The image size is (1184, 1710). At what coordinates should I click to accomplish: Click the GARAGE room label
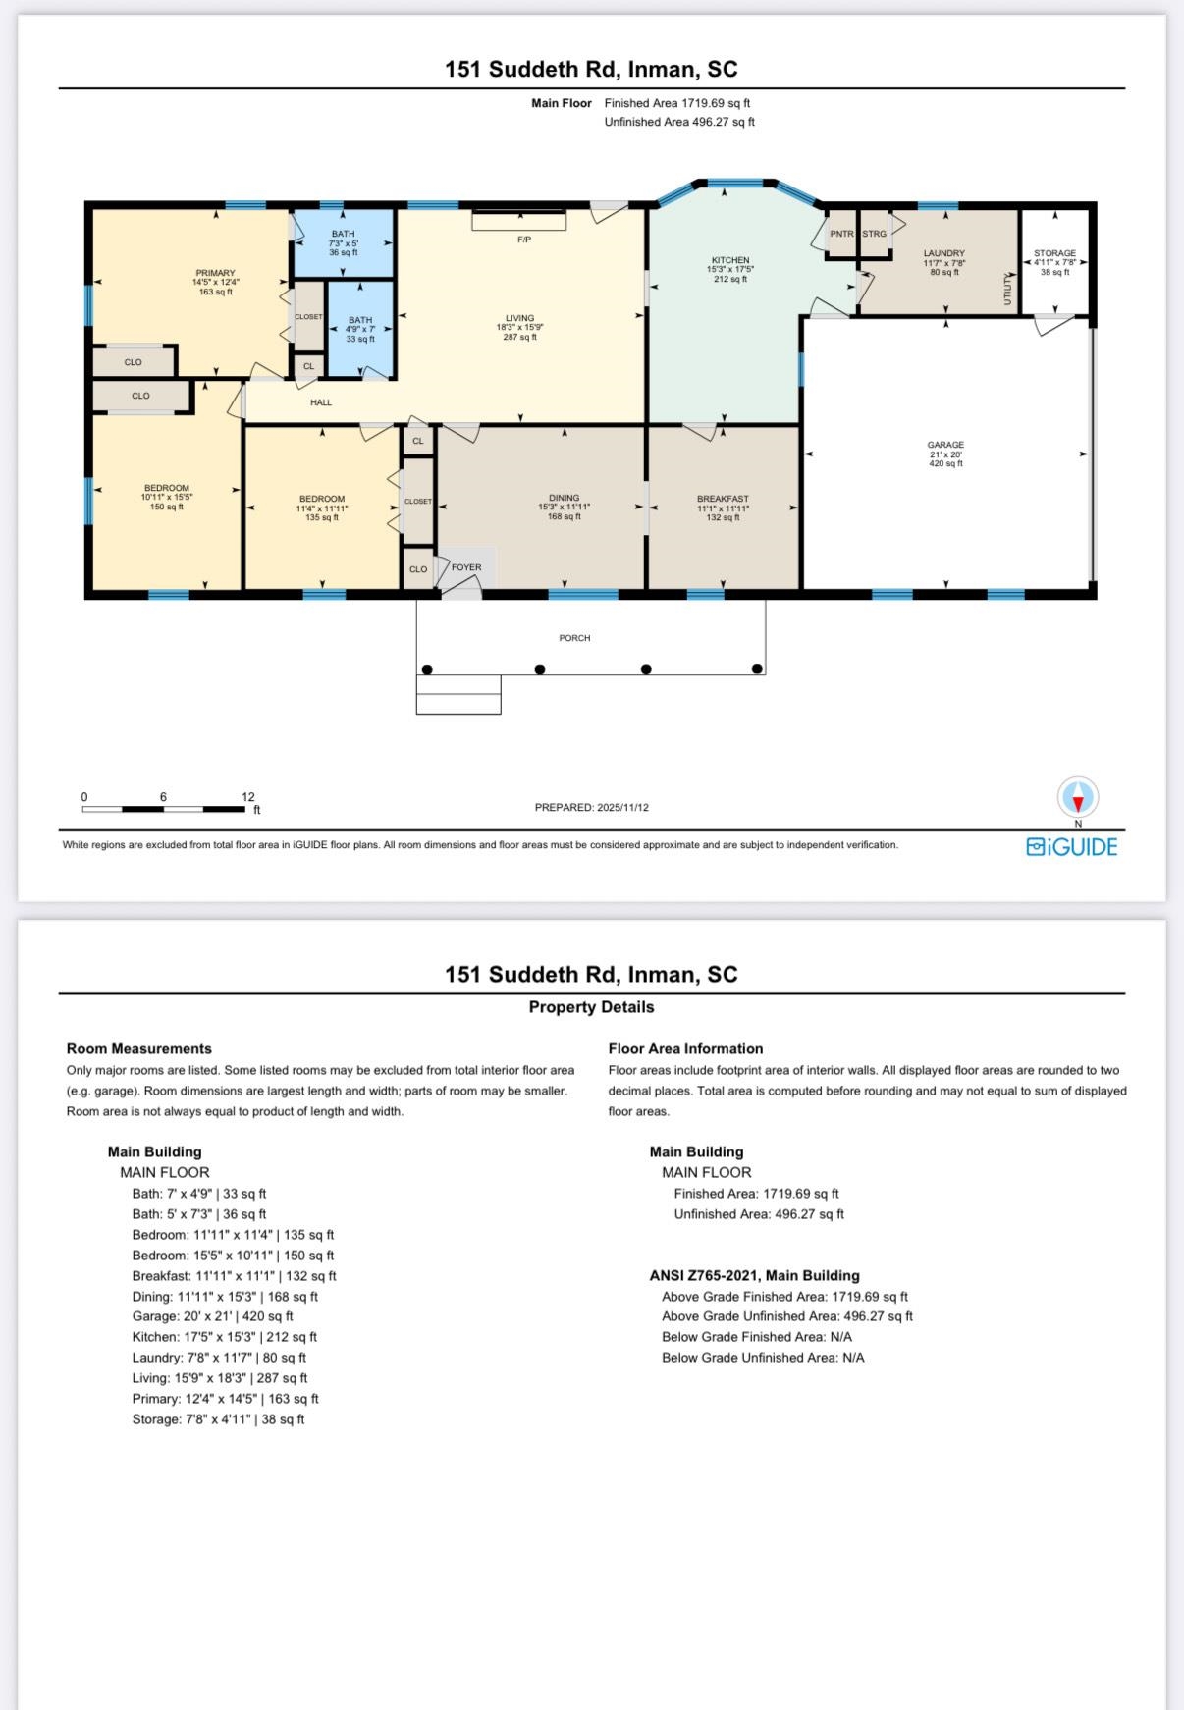946,445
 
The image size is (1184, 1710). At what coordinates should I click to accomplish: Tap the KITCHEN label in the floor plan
730,260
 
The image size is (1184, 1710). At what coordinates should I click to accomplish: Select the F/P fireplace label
524,240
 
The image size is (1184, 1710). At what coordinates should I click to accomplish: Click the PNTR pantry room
841,234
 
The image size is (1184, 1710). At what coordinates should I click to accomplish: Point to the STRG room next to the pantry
875,234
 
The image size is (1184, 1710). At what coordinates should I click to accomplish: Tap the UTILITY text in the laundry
1007,290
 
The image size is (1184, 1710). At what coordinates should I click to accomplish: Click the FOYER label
466,567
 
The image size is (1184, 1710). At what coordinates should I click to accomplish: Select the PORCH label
574,638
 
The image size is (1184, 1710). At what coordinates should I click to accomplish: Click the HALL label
321,402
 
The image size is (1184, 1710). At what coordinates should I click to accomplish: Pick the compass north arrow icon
1078,797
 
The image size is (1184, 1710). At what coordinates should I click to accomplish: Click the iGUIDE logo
1072,846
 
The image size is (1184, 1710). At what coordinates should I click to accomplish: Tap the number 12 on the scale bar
248,797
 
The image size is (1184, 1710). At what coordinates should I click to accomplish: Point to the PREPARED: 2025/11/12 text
592,808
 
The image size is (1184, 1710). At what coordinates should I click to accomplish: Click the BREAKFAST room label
724,499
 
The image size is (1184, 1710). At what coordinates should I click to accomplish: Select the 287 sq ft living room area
520,337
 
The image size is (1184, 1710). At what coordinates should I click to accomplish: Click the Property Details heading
591,1007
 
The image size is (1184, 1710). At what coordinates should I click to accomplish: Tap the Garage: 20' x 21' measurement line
213,1316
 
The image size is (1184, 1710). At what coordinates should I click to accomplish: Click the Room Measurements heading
139,1049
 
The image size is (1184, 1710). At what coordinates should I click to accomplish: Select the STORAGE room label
1055,253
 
